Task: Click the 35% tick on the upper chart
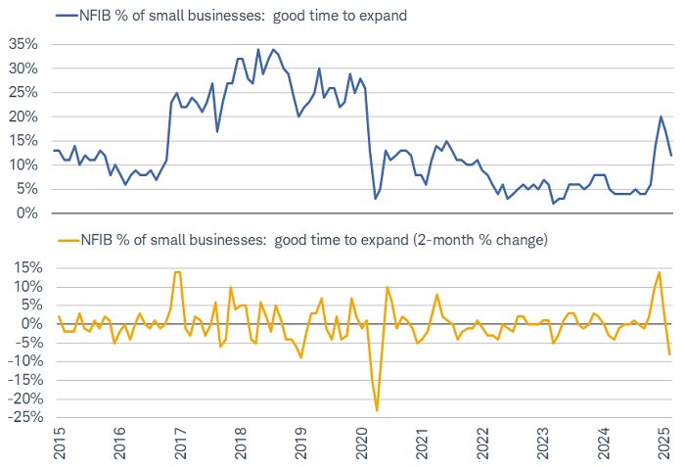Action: tap(23, 44)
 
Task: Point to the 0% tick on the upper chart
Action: tap(26, 213)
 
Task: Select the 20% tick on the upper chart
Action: tap(23, 117)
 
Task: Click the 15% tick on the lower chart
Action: tap(23, 267)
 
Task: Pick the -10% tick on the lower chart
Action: tap(22, 361)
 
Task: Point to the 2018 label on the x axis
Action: tap(241, 444)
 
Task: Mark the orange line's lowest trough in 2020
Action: tap(377, 410)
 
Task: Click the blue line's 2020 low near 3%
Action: tap(375, 199)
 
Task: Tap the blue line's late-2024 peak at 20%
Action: tap(661, 117)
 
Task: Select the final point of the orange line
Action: tap(670, 354)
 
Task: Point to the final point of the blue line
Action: tap(670, 155)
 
